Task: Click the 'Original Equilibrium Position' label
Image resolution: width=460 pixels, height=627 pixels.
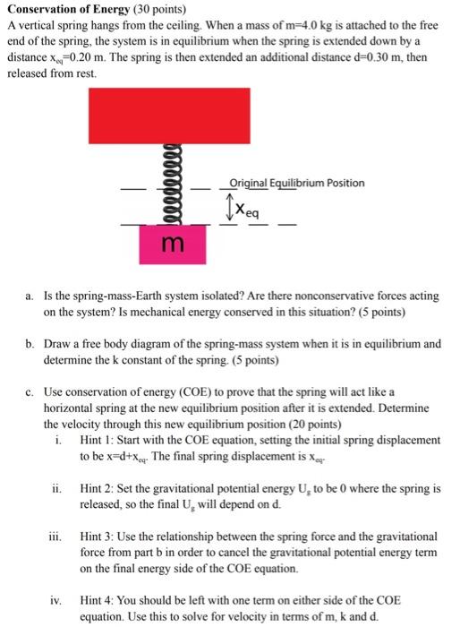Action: coord(296,183)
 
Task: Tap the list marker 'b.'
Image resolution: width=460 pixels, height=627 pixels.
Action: coord(30,344)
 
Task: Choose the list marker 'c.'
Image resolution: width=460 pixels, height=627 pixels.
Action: coord(30,391)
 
